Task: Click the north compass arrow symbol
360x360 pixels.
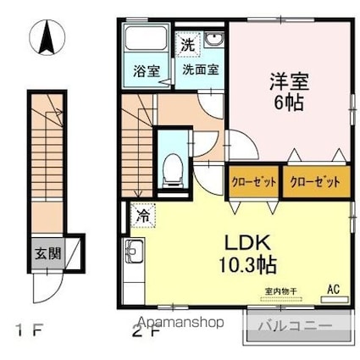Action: tap(47, 37)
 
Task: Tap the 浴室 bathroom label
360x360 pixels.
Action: tap(147, 71)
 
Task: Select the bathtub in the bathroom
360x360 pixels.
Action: tap(146, 38)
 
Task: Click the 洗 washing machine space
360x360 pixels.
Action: tap(188, 45)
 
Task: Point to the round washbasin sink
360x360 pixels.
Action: tap(213, 39)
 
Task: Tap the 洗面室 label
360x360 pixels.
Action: tap(201, 69)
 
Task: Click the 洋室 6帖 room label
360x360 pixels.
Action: tap(289, 91)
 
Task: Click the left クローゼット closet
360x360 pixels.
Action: tap(253, 182)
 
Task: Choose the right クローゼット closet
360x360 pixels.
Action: tap(316, 182)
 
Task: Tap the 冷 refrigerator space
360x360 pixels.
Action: tap(143, 216)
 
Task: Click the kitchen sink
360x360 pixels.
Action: tap(135, 252)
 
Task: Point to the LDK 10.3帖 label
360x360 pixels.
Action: tap(247, 254)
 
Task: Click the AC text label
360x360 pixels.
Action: tap(334, 290)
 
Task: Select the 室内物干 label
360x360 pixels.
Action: tap(281, 291)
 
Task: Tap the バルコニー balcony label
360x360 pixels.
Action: tap(296, 326)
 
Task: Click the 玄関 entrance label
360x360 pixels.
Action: tap(48, 253)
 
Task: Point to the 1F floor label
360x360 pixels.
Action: tap(29, 330)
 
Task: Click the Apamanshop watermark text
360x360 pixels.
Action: tap(181, 322)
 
